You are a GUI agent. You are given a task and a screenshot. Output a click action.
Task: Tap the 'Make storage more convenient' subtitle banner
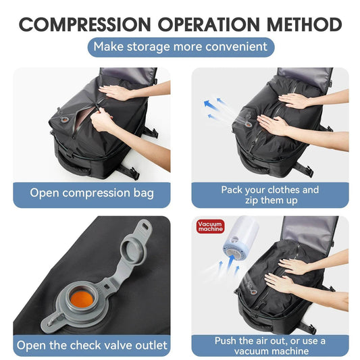point(180,47)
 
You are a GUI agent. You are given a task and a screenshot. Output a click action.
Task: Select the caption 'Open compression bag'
point(92,192)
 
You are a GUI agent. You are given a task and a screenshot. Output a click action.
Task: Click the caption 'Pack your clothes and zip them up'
point(269,195)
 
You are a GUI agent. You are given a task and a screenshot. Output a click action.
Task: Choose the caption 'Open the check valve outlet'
point(92,346)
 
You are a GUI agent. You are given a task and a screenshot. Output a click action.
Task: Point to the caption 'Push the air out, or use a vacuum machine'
point(269,346)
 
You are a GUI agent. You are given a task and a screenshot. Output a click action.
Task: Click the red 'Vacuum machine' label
point(210,227)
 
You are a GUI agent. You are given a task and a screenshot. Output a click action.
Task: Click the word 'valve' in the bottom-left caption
point(115,346)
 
